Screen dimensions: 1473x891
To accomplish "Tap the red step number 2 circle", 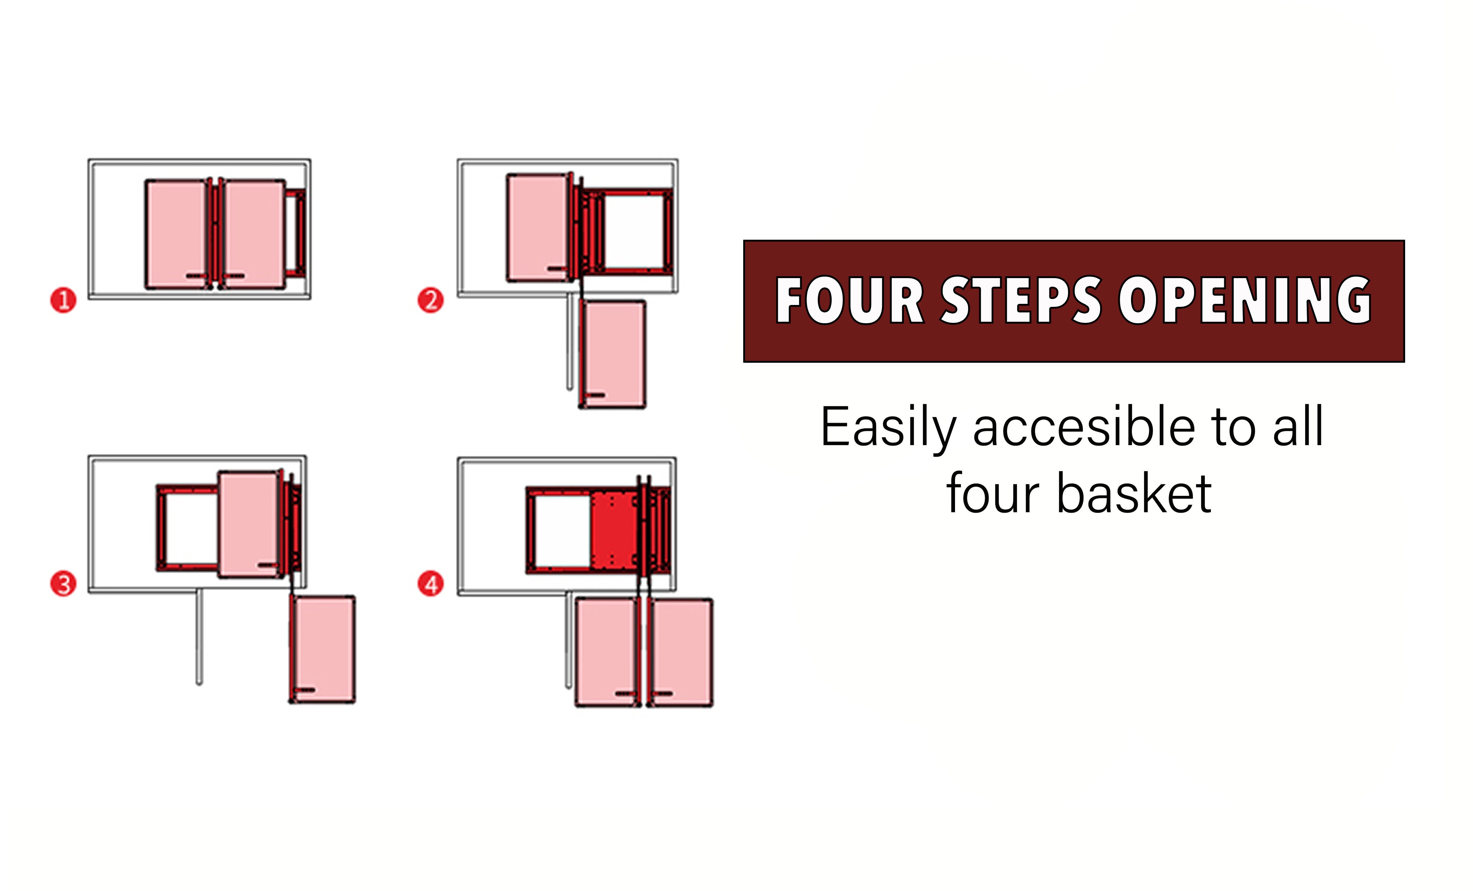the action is coord(430,300).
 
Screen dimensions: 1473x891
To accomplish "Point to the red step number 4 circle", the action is coord(430,584).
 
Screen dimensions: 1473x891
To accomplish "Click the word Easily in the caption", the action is coord(889,428).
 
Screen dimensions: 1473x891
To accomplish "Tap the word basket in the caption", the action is coord(1134,494).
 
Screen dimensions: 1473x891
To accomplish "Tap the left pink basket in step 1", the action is coord(177,234).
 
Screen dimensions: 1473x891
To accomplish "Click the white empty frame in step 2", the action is coord(634,232).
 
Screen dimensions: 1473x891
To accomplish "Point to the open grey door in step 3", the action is coord(199,636).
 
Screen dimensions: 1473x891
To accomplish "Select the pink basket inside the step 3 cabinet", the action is coord(249,524).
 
